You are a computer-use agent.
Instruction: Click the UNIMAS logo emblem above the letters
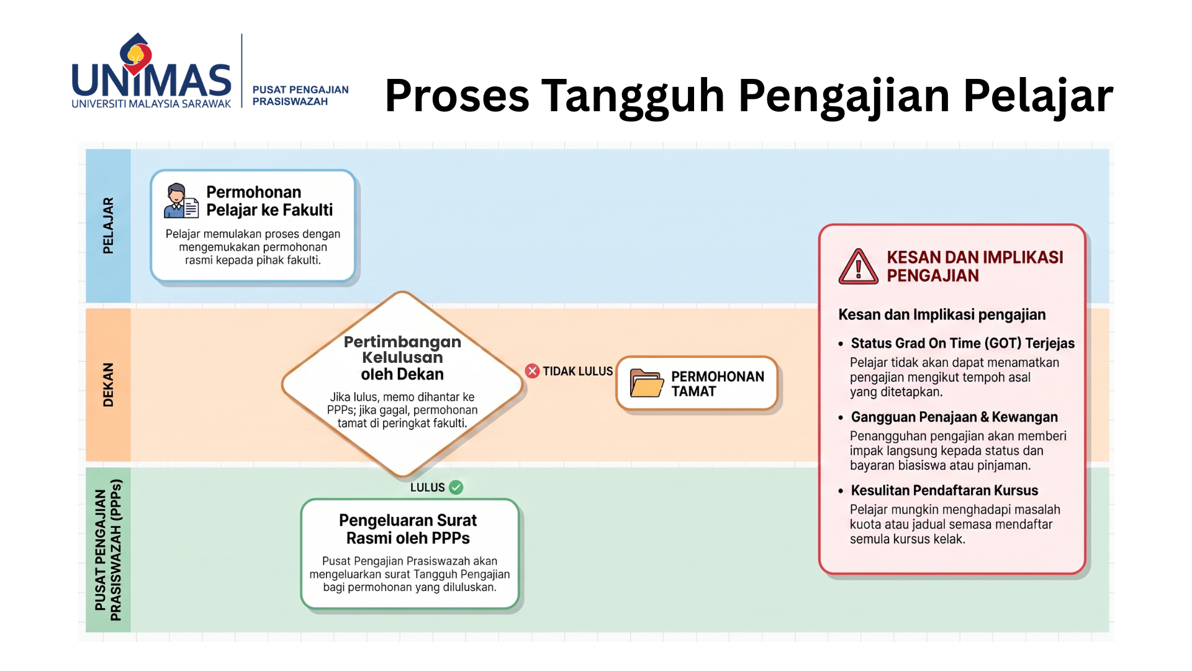(136, 55)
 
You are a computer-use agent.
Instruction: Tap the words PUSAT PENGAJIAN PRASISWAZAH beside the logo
(300, 96)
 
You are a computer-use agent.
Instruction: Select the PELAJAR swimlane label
(108, 226)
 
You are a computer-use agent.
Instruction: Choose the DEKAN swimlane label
(108, 385)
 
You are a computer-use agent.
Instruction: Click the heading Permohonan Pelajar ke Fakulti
(269, 201)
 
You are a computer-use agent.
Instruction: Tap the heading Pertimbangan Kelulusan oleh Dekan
(402, 358)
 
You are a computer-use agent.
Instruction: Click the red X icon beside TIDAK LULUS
(532, 371)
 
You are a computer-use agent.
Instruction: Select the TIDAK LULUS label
(577, 371)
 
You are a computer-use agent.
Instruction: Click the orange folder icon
(646, 383)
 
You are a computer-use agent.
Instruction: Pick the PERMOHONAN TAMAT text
(718, 384)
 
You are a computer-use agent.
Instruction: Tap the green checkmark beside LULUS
(456, 487)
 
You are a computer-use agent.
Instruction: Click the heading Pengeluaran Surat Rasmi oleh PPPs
(408, 529)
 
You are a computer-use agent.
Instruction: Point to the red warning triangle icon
(859, 267)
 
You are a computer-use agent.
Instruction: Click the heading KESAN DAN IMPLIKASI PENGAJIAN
(975, 266)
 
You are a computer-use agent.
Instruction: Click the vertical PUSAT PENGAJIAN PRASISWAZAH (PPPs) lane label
(108, 550)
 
